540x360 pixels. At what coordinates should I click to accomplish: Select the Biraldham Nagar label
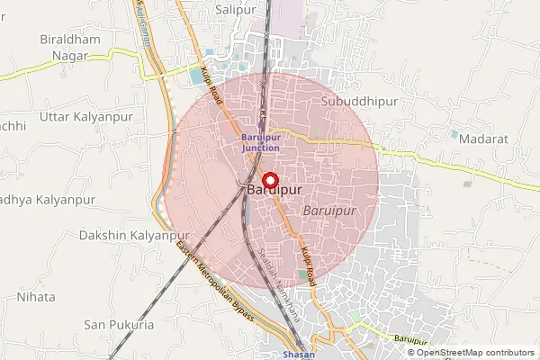click(63, 48)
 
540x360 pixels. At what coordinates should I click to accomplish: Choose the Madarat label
click(483, 139)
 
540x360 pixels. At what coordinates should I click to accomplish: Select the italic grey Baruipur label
click(330, 210)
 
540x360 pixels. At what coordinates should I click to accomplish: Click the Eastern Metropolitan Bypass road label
click(217, 284)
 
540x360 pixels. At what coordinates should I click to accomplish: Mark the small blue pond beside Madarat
click(454, 134)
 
